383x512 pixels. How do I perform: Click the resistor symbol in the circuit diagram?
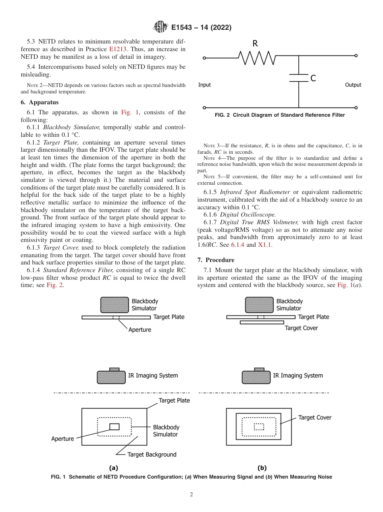click(257, 58)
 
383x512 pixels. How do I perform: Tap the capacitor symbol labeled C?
click(299, 78)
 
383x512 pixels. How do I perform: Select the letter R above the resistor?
click(255, 44)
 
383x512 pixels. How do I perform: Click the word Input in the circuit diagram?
click(204, 85)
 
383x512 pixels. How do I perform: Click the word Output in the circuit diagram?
click(353, 85)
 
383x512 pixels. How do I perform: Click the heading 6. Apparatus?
click(40, 102)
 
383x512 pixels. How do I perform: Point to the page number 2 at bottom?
click(191, 495)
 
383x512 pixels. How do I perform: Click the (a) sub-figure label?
click(114, 468)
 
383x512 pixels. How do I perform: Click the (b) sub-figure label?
click(262, 468)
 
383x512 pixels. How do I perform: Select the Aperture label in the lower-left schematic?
click(62, 439)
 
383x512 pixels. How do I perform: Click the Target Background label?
click(152, 454)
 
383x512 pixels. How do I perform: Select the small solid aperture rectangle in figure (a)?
click(114, 427)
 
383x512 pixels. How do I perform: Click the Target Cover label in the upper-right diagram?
click(301, 328)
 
